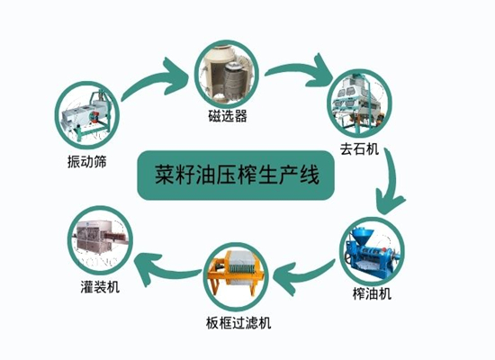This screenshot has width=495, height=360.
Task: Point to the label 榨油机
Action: [373, 293]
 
